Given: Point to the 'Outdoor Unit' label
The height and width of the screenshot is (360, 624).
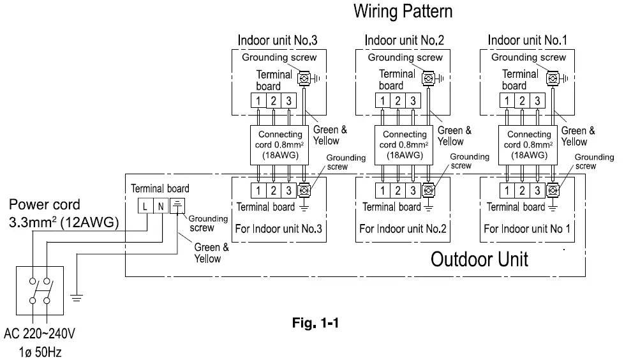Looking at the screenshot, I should tap(479, 260).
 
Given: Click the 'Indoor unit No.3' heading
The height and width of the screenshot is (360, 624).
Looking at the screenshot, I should tap(278, 40).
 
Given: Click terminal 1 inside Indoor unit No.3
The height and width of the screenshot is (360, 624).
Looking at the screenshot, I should tap(258, 101).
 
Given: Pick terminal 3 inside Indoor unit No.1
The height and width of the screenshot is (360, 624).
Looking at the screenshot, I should tap(537, 101).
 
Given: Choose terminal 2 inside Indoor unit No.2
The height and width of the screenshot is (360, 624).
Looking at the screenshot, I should tap(398, 101).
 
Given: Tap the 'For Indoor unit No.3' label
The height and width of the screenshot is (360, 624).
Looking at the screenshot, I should tap(278, 228).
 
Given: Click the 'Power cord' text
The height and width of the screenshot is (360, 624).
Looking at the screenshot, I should tap(45, 205).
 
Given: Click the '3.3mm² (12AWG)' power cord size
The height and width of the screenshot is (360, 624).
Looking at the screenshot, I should tap(64, 222).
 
